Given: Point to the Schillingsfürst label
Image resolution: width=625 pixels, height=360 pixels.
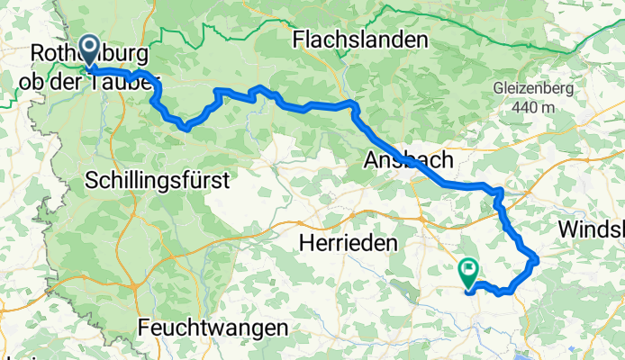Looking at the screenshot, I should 158,181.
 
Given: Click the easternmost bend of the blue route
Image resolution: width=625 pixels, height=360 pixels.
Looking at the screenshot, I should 537,259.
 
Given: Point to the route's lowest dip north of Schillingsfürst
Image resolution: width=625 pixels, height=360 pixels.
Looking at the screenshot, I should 185,128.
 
